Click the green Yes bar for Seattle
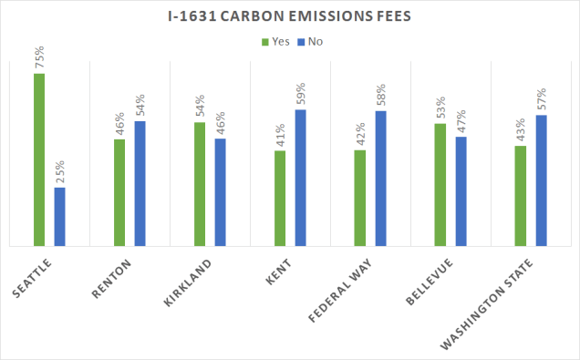pyautogui.click(x=39, y=159)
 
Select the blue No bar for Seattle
pyautogui.click(x=59, y=217)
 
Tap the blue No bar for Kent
pyautogui.click(x=300, y=178)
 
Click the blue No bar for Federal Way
pyautogui.click(x=380, y=179)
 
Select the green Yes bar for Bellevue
pyautogui.click(x=440, y=185)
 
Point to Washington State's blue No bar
pyautogui.click(x=541, y=180)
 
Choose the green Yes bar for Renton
pyautogui.click(x=119, y=192)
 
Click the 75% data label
pyautogui.click(x=39, y=58)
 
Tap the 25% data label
pyautogui.click(x=59, y=173)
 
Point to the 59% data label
pyautogui.click(x=300, y=95)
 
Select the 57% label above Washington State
pyautogui.click(x=541, y=100)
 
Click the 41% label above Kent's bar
pyautogui.click(x=280, y=136)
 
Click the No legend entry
pyautogui.click(x=311, y=41)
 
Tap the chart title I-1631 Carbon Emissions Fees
pyautogui.click(x=290, y=16)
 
